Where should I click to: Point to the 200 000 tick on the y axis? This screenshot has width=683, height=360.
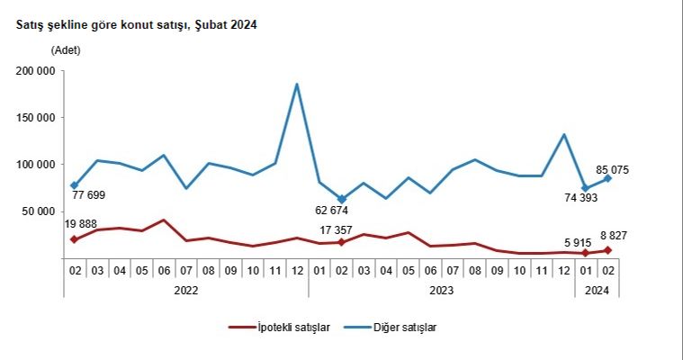[x=36, y=71]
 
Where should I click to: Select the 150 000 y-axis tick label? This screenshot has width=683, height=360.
[x=36, y=118]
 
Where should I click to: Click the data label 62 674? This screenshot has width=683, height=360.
[x=343, y=211]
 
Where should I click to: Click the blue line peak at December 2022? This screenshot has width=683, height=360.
[x=297, y=85]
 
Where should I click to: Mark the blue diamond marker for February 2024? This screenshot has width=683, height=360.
[x=608, y=178]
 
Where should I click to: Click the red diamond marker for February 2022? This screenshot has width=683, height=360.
[x=74, y=239]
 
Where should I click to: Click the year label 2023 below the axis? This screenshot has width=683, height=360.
[x=441, y=290]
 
